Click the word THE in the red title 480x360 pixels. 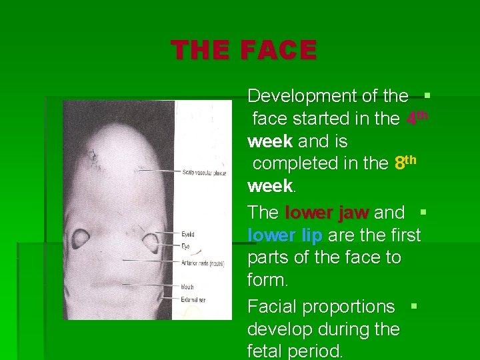point(199,51)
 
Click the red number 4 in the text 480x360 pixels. point(412,119)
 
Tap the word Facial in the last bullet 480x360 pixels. point(271,307)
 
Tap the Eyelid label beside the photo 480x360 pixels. point(189,235)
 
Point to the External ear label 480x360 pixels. point(194,300)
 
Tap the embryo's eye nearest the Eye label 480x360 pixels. point(151,241)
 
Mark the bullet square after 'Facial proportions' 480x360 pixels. point(414,306)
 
